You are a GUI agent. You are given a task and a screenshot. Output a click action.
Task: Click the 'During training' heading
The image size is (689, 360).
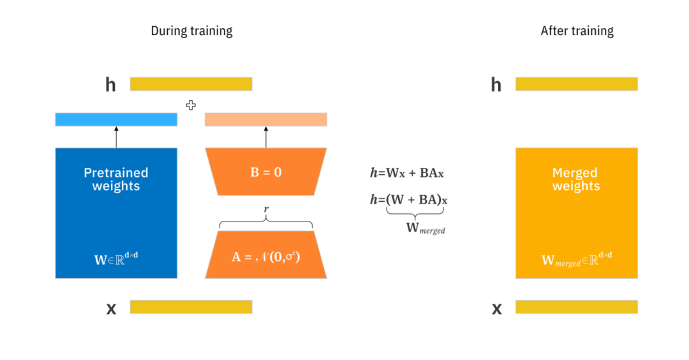click(x=191, y=31)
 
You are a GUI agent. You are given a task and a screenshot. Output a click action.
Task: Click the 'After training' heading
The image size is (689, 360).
click(x=577, y=31)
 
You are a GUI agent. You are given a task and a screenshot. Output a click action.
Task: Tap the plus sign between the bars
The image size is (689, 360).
click(x=191, y=105)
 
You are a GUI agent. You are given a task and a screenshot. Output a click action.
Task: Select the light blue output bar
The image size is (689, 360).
click(x=116, y=119)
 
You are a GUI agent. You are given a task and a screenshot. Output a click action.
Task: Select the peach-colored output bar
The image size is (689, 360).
click(x=265, y=119)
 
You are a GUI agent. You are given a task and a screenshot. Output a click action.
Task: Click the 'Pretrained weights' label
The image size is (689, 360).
click(x=116, y=179)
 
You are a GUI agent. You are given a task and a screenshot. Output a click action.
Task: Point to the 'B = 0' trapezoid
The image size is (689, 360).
click(x=265, y=172)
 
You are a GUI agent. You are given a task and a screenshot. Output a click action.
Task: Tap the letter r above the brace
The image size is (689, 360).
click(x=265, y=209)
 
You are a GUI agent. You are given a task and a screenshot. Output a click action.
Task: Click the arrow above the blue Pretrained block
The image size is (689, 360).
click(x=116, y=137)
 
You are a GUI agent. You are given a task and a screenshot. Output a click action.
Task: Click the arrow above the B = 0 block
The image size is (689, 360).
click(x=265, y=137)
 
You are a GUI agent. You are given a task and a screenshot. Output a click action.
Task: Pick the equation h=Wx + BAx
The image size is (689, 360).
click(x=406, y=172)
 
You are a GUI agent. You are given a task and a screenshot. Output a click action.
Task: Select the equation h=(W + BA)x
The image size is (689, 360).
click(x=408, y=200)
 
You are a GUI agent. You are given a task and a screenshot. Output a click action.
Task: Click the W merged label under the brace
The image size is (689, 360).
click(x=425, y=229)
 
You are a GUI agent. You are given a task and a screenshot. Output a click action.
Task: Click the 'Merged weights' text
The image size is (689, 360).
click(x=576, y=179)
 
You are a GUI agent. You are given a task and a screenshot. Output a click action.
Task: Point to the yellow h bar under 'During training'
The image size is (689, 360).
click(x=191, y=84)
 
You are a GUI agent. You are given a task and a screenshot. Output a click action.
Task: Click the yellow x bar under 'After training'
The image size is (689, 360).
click(x=576, y=307)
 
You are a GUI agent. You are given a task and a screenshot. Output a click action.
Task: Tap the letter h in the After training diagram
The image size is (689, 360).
click(x=496, y=84)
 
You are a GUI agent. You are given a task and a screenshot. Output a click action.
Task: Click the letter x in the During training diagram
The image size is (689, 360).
click(x=111, y=309)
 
